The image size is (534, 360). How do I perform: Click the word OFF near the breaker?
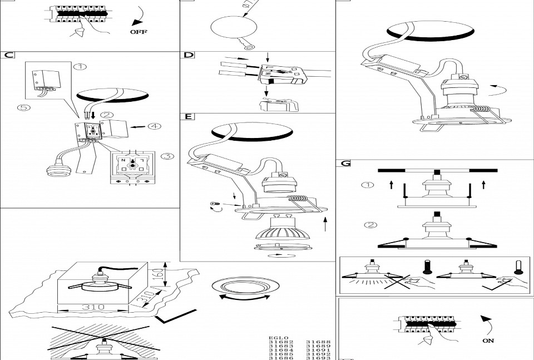(x=139, y=32)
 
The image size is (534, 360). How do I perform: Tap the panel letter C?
(x=8, y=55)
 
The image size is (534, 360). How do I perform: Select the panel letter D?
(x=189, y=55)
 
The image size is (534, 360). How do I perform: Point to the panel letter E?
(x=189, y=117)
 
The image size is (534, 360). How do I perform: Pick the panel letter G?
(x=345, y=164)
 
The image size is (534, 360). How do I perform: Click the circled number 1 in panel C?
(x=81, y=67)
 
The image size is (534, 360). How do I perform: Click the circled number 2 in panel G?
(x=368, y=225)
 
